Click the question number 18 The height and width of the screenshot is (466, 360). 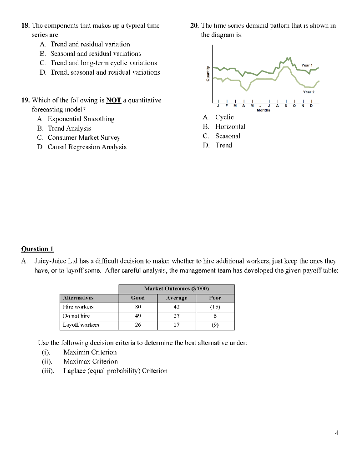tap(25, 25)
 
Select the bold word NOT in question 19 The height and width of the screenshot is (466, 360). tap(114, 100)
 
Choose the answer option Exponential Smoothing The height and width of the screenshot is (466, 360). tap(81, 119)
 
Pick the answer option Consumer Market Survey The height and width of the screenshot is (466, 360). tap(84, 137)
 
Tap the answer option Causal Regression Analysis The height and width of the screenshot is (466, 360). tap(87, 147)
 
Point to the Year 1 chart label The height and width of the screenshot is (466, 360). tap(307, 65)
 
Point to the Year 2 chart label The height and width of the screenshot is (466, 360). tap(309, 92)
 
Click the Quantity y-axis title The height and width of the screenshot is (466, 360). tap(208, 74)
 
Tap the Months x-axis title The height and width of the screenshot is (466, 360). tap(263, 110)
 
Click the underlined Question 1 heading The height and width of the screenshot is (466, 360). tap(37, 248)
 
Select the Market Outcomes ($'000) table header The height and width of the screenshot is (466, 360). tap(176, 289)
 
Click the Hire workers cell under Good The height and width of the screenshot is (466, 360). tap(137, 307)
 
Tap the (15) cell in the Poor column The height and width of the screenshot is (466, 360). tap(215, 307)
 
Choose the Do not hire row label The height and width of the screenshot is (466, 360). tap(76, 316)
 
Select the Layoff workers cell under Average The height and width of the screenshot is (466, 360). tap(176, 325)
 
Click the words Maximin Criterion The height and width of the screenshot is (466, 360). tap(90, 352)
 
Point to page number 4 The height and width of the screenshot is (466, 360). tap(336, 433)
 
